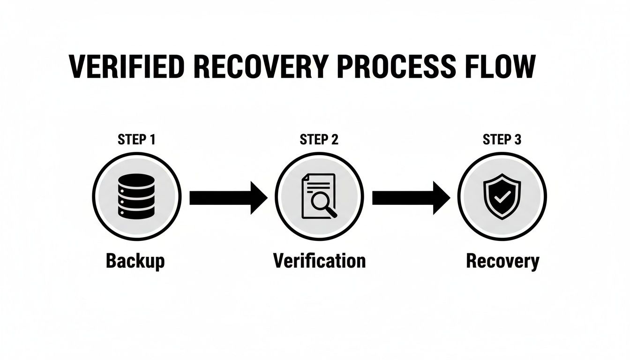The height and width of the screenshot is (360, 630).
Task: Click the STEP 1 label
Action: [x=136, y=140]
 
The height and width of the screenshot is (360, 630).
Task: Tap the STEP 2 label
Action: [x=319, y=140]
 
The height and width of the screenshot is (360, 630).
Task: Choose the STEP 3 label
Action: [x=502, y=140]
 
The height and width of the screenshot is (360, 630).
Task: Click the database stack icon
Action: [x=136, y=196]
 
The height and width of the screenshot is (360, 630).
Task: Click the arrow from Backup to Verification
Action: [x=228, y=198]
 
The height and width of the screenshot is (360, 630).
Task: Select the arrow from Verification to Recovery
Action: [x=411, y=198]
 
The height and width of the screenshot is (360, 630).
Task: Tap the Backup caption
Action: [x=135, y=261]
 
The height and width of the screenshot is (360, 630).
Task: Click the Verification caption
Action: [x=319, y=261]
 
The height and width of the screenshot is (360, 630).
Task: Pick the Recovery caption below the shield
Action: [x=502, y=262]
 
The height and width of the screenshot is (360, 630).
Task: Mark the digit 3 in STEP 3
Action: [x=517, y=140]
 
